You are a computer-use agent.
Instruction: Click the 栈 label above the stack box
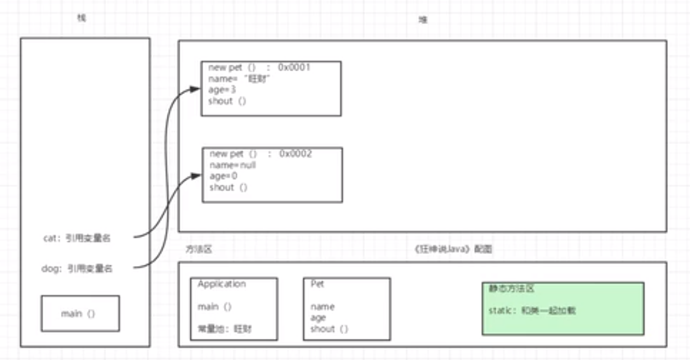pyautogui.click(x=81, y=18)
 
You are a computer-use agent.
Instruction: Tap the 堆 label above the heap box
pyautogui.click(x=423, y=20)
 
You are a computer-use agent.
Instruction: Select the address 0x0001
pyautogui.click(x=295, y=67)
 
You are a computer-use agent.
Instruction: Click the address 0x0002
pyautogui.click(x=296, y=154)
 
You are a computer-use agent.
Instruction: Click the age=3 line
pyautogui.click(x=222, y=90)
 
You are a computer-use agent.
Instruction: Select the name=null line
pyautogui.click(x=233, y=165)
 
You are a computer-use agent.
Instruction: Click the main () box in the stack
pyautogui.click(x=80, y=314)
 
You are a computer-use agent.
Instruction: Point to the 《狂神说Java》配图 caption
pyautogui.click(x=453, y=250)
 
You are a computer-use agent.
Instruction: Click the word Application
pyautogui.click(x=222, y=284)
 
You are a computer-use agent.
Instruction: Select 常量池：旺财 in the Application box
pyautogui.click(x=225, y=329)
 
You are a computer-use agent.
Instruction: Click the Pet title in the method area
pyautogui.click(x=317, y=284)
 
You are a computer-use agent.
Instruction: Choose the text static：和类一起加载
pyautogui.click(x=533, y=311)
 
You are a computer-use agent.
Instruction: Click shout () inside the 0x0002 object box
pyautogui.click(x=229, y=187)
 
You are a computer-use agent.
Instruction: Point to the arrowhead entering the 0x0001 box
pyautogui.click(x=197, y=90)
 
